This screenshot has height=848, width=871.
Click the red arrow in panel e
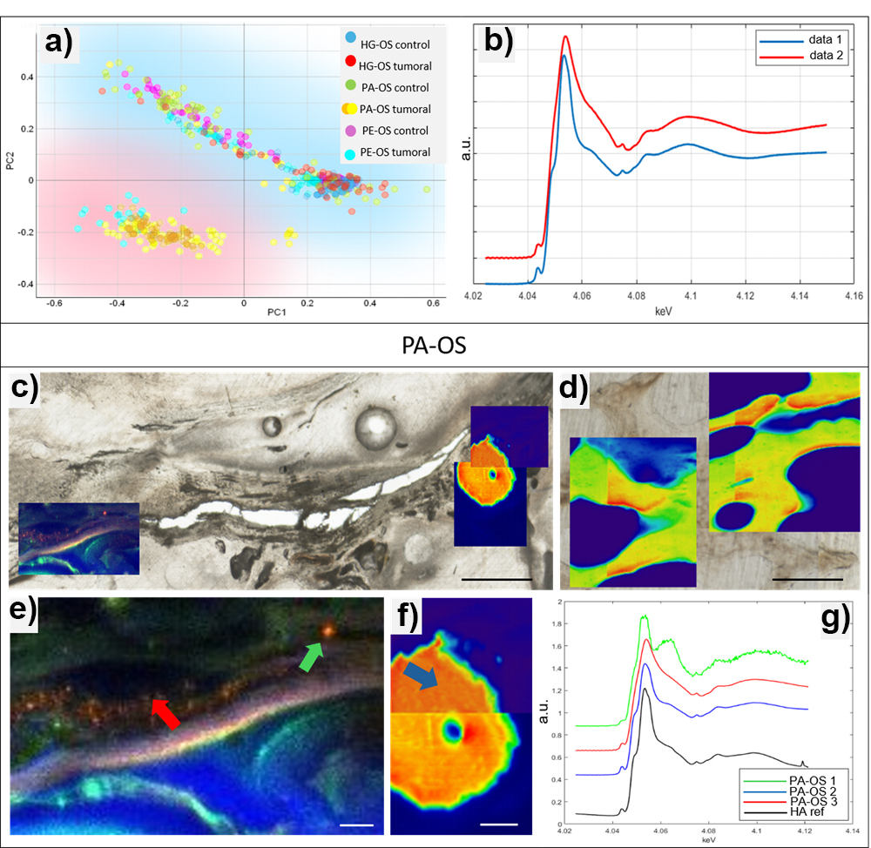(166, 713)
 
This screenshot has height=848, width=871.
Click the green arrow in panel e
(311, 653)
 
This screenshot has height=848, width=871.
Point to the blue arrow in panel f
(423, 674)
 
